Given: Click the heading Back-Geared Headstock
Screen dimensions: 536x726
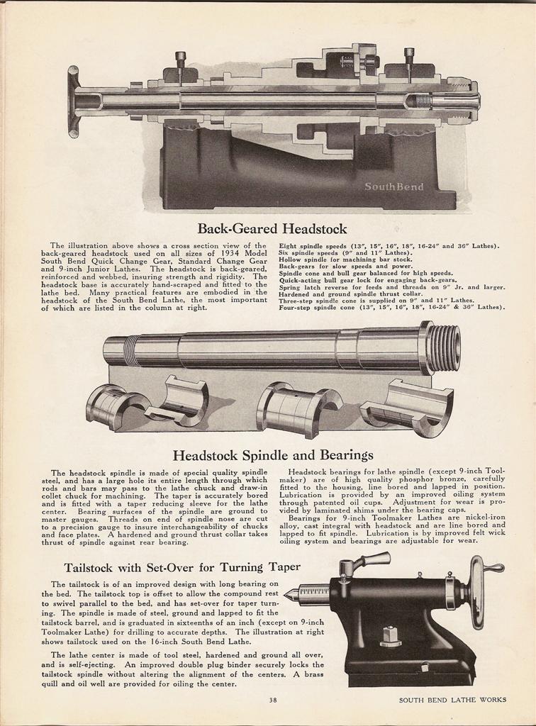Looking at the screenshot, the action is click(x=272, y=228).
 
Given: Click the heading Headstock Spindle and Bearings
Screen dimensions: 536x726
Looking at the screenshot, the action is click(x=273, y=454).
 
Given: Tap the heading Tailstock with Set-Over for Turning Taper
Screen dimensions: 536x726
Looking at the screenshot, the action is click(x=182, y=567).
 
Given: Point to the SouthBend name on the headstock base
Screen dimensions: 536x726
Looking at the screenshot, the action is click(x=394, y=187).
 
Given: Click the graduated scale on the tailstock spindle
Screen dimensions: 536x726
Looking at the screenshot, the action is click(x=316, y=591).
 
